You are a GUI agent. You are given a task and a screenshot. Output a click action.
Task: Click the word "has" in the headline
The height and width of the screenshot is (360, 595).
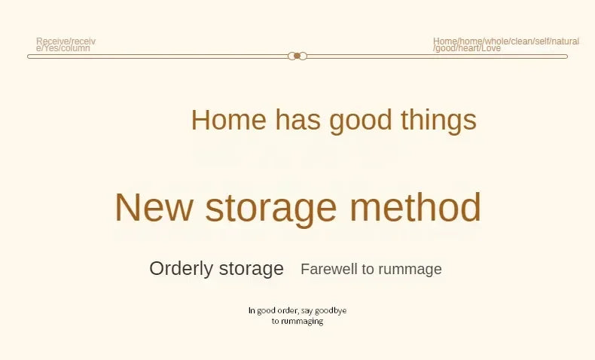[x=298, y=120]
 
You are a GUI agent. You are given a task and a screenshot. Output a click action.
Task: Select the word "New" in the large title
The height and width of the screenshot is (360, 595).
[x=154, y=207]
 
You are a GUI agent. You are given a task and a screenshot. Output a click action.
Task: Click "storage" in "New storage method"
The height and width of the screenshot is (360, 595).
[x=271, y=209]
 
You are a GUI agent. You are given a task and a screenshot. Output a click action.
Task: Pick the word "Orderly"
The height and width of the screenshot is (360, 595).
[x=181, y=269]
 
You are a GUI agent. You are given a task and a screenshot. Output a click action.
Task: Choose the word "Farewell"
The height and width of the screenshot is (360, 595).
[x=329, y=269]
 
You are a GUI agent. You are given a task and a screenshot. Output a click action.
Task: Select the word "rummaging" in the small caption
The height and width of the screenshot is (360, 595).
[x=302, y=322]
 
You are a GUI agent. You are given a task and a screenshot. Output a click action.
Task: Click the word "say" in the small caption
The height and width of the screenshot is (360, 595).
[x=307, y=312]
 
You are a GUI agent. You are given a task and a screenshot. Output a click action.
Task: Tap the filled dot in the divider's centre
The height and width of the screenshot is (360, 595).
[x=297, y=56]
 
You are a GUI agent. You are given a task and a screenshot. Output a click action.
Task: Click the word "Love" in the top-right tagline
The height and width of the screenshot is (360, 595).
[x=491, y=48]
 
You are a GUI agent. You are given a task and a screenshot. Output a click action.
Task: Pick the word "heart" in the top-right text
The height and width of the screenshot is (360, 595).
[x=470, y=48]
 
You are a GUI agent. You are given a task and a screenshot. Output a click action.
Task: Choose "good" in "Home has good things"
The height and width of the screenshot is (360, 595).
[x=361, y=121]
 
